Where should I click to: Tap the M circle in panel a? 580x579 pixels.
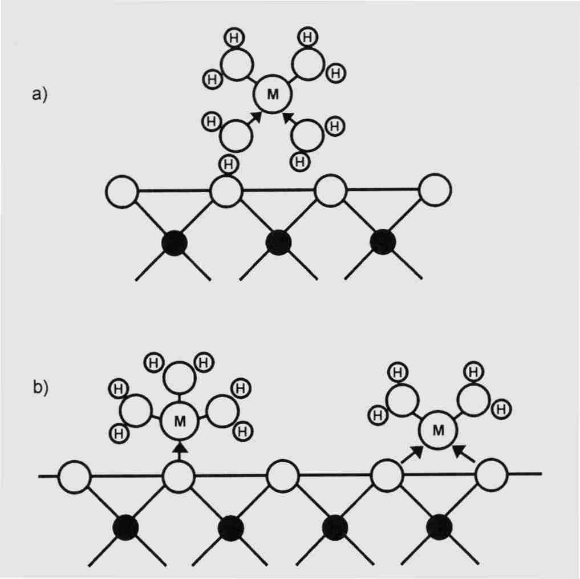[273, 95]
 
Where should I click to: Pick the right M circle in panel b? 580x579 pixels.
[438, 431]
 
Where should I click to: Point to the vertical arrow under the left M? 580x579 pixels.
[180, 450]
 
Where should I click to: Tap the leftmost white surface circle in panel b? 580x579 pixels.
[75, 477]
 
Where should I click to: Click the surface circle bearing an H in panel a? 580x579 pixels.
[226, 191]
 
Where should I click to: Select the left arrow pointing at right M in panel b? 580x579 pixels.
[413, 454]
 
